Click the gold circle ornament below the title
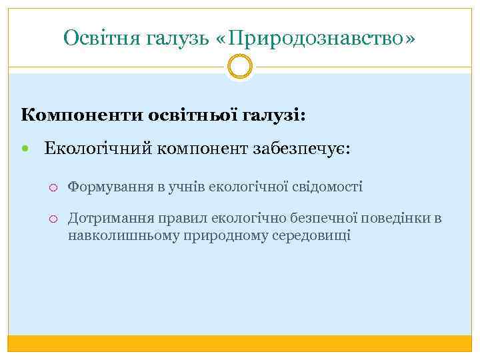click(x=240, y=67)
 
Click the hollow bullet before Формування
click(x=55, y=186)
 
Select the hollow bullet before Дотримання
click(x=55, y=218)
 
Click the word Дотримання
click(x=111, y=218)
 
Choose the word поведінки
click(x=397, y=218)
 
